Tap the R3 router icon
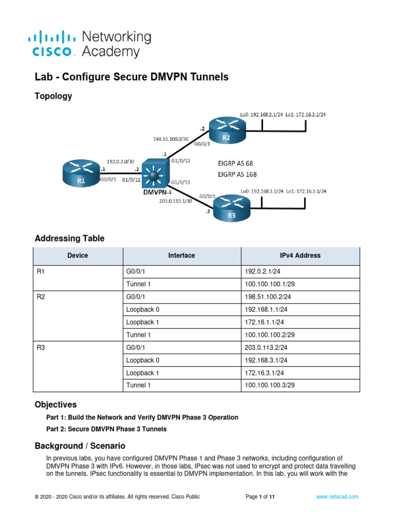pos(232,209)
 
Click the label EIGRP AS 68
pos(235,164)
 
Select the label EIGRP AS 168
pos(237,175)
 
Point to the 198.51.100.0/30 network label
pos(171,138)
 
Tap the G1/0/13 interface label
pos(182,182)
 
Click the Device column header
pos(78,255)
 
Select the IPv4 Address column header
pos(300,255)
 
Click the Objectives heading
pos(55,404)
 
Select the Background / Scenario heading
pos(79,446)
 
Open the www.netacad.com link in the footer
pos(337,496)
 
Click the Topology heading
pos(53,96)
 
